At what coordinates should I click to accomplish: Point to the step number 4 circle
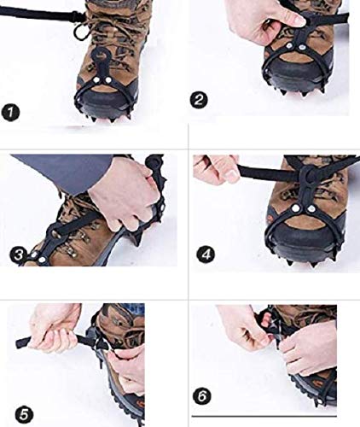(x=204, y=254)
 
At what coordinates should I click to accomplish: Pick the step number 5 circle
(x=25, y=414)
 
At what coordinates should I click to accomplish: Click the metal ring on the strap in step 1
(x=79, y=32)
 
